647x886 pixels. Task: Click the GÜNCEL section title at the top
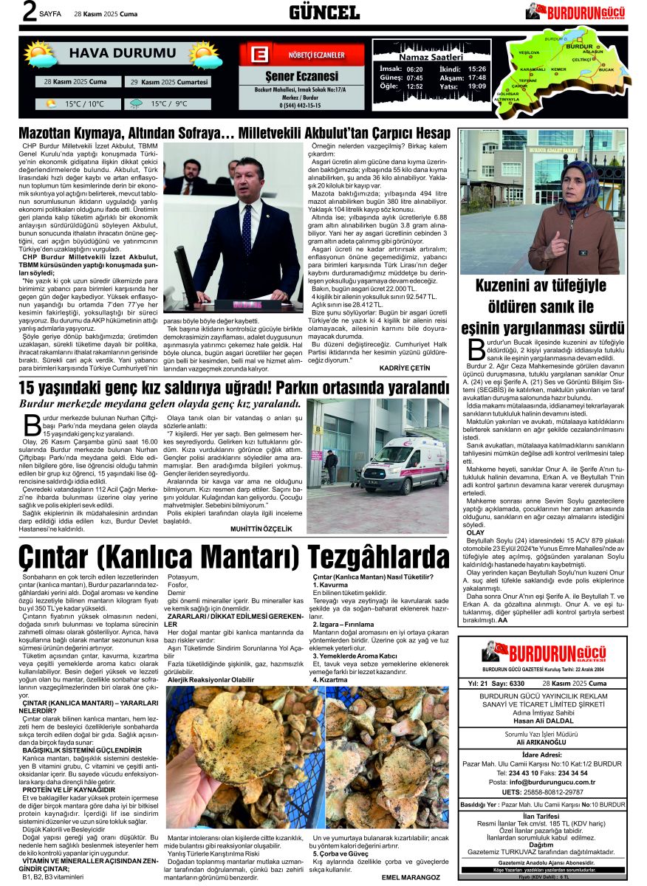pyautogui.click(x=323, y=12)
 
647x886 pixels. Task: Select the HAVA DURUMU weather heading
pyautogui.click(x=123, y=53)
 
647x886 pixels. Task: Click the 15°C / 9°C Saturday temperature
pyautogui.click(x=168, y=104)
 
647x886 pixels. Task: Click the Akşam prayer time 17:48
pyautogui.click(x=476, y=78)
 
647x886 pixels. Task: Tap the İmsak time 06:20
pyautogui.click(x=414, y=69)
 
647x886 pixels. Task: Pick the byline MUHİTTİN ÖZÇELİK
pyautogui.click(x=261, y=529)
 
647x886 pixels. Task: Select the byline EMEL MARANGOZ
pyautogui.click(x=411, y=877)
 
